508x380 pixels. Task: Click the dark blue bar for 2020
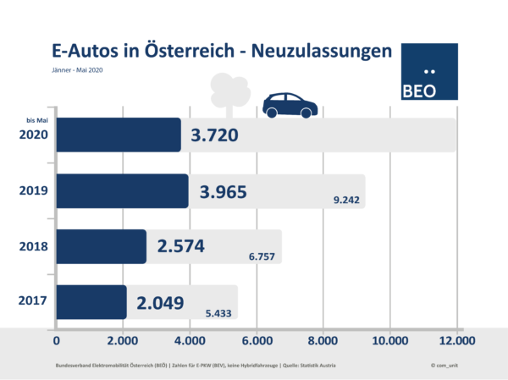119,135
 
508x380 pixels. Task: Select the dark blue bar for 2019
123,191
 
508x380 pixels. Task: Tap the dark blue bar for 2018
102,246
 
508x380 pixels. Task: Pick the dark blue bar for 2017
91,301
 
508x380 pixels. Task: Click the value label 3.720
214,136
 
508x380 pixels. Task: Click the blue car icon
290,106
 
